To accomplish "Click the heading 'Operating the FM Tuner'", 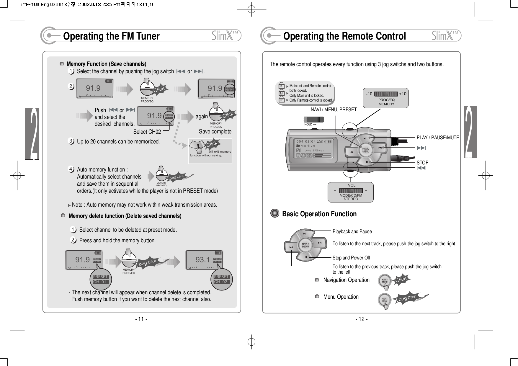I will click(x=111, y=36).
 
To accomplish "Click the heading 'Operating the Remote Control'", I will click(x=344, y=36).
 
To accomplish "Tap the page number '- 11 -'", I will click(x=141, y=319).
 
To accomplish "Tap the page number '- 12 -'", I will click(x=361, y=319).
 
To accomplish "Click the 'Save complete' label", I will click(x=215, y=132).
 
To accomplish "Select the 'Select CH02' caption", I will click(x=147, y=132).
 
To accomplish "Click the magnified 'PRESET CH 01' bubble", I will click(x=101, y=279).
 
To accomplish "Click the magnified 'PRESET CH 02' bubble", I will click(x=221, y=279).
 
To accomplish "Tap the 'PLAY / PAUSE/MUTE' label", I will click(x=437, y=138).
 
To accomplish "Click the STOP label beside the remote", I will click(x=422, y=163).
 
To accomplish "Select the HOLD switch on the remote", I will click(x=314, y=120).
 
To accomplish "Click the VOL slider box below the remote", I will click(x=350, y=192).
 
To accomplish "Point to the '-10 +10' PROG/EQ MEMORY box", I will click(x=386, y=98).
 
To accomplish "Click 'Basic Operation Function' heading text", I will click(x=319, y=214).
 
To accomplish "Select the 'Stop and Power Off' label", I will click(x=351, y=258).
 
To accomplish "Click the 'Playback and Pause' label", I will click(x=352, y=232).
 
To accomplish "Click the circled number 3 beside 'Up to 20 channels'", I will click(x=71, y=141).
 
